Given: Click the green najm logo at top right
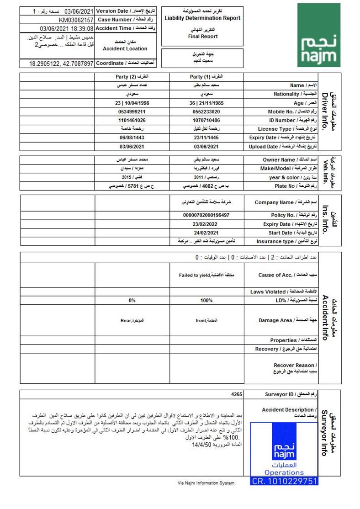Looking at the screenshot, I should (x=319, y=35).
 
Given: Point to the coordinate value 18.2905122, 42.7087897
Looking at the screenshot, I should (x=61, y=64).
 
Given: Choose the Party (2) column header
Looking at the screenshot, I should (x=132, y=77).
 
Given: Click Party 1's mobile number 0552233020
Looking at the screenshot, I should (x=206, y=111).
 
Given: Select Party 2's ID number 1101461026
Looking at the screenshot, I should (x=132, y=120).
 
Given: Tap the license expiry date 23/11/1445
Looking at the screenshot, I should (x=206, y=138).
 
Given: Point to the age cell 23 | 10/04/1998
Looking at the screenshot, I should (x=132, y=103).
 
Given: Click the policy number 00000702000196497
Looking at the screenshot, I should (x=206, y=215).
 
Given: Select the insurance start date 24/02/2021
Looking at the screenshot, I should (x=206, y=233).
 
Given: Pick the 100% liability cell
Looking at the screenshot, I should (x=206, y=301).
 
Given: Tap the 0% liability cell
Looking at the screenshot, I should (x=132, y=301).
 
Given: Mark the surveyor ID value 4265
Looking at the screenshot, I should (x=237, y=394).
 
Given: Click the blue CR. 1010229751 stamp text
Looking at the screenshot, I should (x=284, y=480).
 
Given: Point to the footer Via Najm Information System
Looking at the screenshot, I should (x=206, y=483).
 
